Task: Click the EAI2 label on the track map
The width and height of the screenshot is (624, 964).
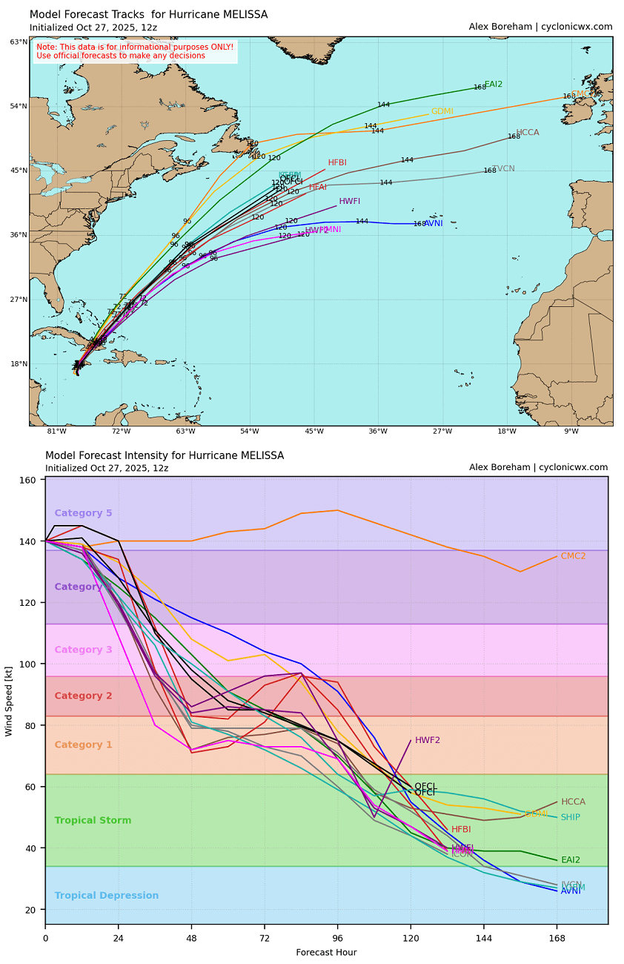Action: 494,85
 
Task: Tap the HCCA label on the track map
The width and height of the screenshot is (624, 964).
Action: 528,133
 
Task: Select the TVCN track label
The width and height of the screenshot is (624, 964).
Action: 503,169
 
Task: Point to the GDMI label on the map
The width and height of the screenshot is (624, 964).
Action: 442,111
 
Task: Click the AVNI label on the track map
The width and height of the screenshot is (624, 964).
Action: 434,223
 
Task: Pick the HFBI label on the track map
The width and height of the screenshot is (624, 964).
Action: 337,162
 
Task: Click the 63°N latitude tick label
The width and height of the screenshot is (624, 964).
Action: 19,42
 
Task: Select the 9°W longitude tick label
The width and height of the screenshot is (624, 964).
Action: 571,432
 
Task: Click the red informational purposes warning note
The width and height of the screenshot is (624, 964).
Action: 135,51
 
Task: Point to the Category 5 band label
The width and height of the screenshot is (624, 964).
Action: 83,513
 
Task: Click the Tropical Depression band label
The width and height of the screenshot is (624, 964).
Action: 107,896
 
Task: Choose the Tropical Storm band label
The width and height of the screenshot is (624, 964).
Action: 93,821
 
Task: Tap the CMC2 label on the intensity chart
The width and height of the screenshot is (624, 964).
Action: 573,556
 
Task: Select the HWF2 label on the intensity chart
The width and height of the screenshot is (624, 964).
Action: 428,740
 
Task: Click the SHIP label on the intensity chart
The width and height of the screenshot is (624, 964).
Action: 570,817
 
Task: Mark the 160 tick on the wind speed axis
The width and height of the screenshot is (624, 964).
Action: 30,481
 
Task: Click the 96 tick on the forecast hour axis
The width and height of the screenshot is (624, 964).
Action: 338,938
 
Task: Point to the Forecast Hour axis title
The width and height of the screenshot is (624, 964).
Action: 326,952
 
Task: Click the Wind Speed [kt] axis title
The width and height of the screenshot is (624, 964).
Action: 10,701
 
